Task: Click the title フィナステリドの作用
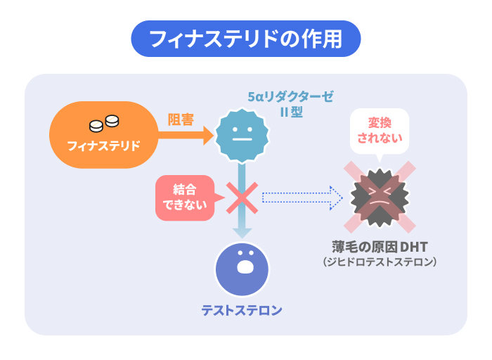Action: tap(245, 38)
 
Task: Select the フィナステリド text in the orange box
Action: tap(103, 146)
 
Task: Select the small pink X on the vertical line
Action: tap(240, 198)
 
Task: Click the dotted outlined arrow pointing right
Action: tap(302, 198)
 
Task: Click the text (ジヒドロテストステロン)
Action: tap(380, 262)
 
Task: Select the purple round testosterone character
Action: tap(242, 268)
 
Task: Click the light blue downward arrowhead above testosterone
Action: tap(242, 231)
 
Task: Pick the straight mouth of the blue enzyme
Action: tap(241, 139)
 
